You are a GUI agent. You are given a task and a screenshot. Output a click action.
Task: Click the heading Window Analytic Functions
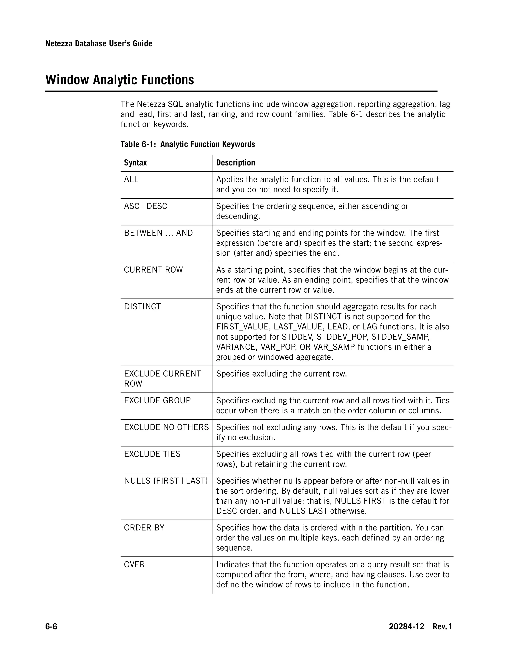click(x=119, y=80)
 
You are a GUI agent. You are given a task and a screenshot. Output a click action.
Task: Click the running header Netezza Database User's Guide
click(x=98, y=44)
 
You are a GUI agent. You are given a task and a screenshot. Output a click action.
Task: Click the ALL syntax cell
click(x=131, y=179)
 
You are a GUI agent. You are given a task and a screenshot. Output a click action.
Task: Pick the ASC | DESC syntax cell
click(x=146, y=206)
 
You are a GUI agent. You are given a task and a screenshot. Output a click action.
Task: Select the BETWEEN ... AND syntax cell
click(x=158, y=233)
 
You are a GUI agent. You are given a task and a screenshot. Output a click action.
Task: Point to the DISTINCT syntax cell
click(x=142, y=307)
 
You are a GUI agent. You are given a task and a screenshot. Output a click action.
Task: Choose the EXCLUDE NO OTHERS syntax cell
click(x=166, y=427)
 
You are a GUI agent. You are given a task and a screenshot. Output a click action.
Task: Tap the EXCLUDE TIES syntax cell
click(x=152, y=454)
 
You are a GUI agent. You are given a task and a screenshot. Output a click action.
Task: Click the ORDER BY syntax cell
click(x=144, y=528)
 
